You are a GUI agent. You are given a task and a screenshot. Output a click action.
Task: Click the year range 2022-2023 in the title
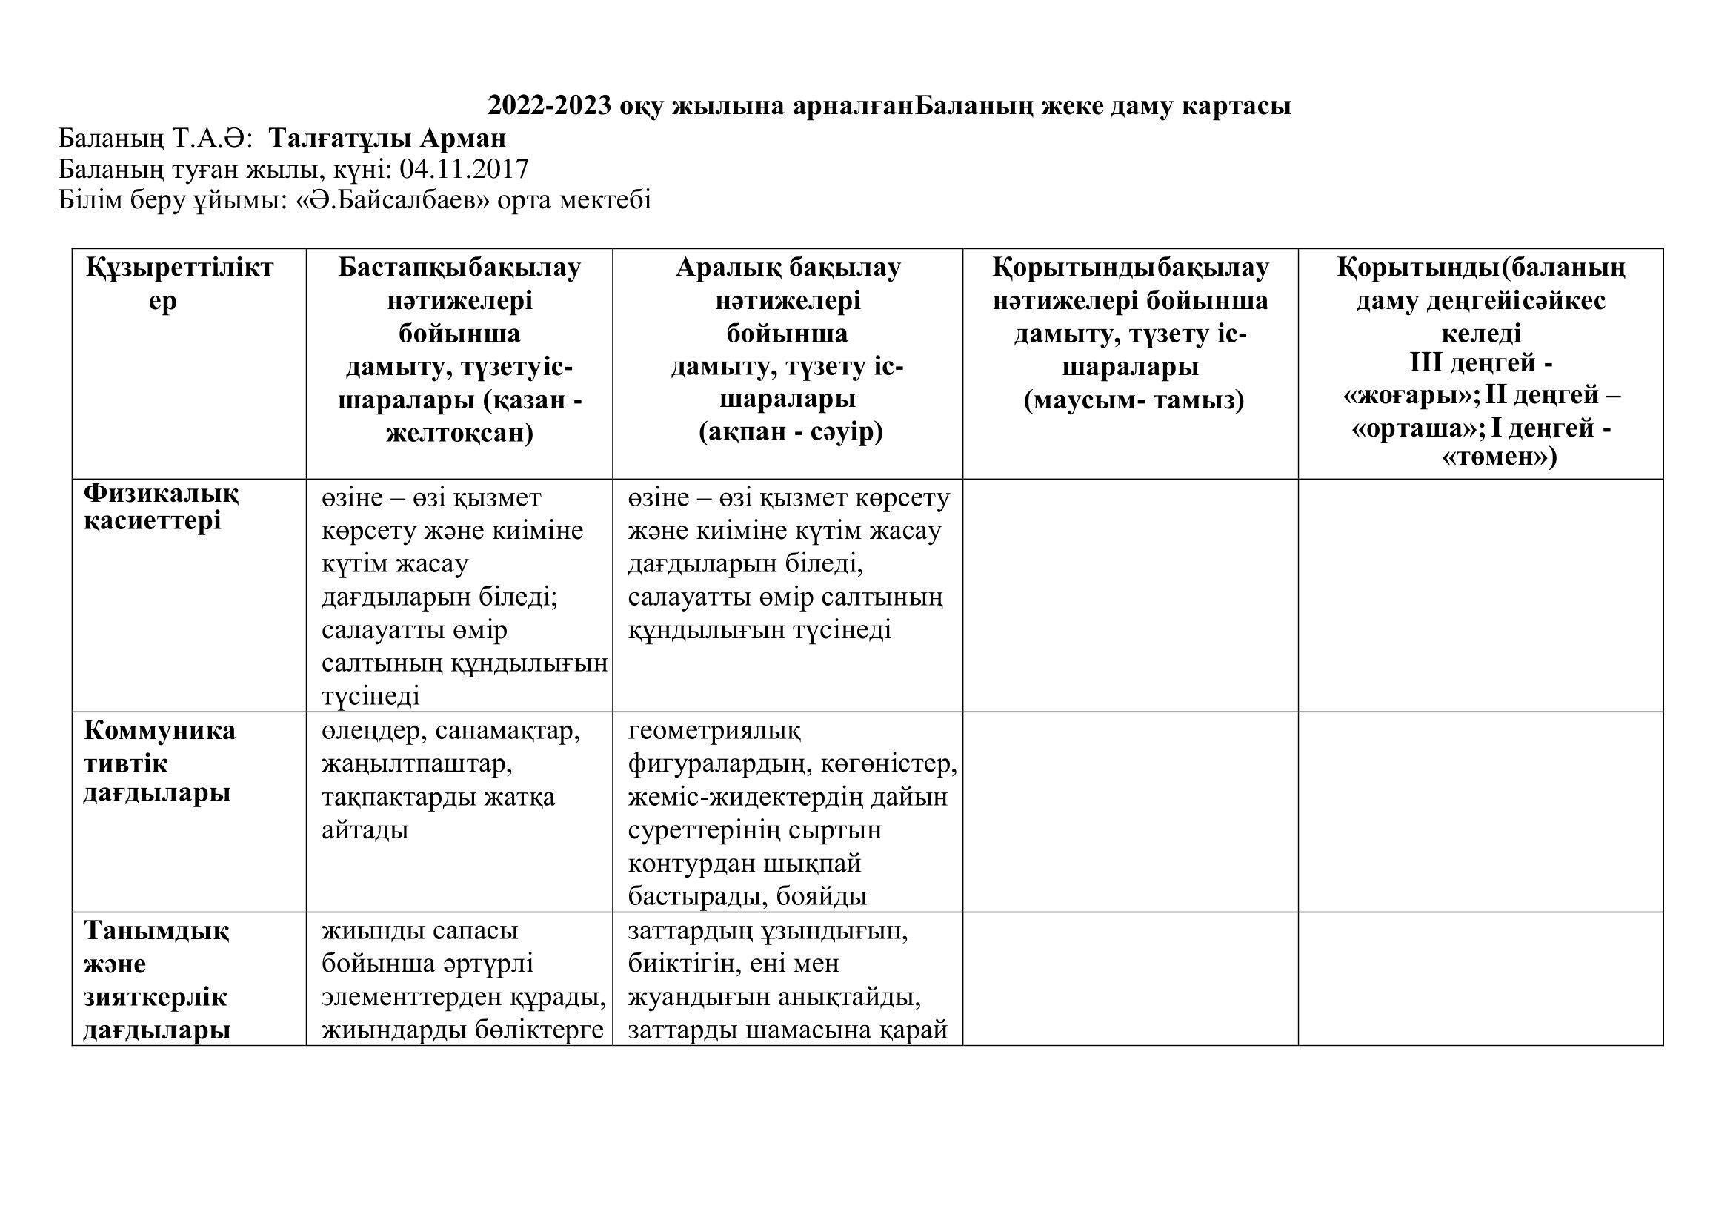(x=549, y=106)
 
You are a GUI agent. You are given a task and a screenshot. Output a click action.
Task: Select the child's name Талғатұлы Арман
(x=387, y=138)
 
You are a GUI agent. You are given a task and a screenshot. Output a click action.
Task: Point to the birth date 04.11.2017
(x=465, y=169)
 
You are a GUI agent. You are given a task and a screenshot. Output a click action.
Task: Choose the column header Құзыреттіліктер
(x=179, y=284)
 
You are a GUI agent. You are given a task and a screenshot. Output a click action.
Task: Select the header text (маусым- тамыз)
(x=1130, y=400)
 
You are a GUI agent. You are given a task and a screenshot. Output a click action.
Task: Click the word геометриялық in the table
(x=714, y=732)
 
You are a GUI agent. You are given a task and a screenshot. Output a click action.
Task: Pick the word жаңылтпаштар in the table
(x=416, y=764)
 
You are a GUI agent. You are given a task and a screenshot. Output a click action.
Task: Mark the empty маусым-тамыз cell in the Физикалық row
(x=1130, y=595)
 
